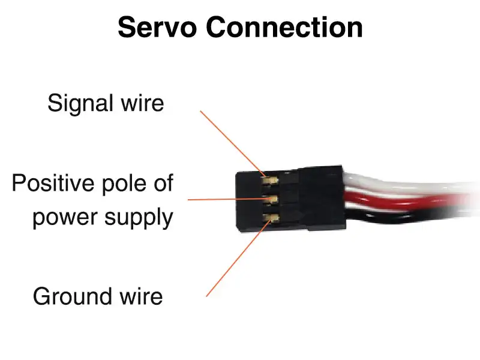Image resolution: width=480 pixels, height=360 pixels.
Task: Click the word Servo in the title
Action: [157, 27]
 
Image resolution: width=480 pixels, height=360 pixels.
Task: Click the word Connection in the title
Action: [284, 27]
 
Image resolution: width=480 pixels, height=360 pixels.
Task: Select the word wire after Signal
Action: [143, 103]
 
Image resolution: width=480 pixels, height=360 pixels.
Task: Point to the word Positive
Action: [53, 183]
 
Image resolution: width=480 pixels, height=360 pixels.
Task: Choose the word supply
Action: [139, 218]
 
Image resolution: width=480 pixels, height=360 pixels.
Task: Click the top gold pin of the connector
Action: [269, 181]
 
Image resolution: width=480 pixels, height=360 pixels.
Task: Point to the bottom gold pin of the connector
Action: [271, 218]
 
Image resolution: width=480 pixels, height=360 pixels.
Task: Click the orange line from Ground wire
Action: [239, 257]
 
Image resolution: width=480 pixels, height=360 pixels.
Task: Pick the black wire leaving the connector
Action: [407, 216]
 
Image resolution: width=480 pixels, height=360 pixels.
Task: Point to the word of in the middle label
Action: [163, 183]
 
